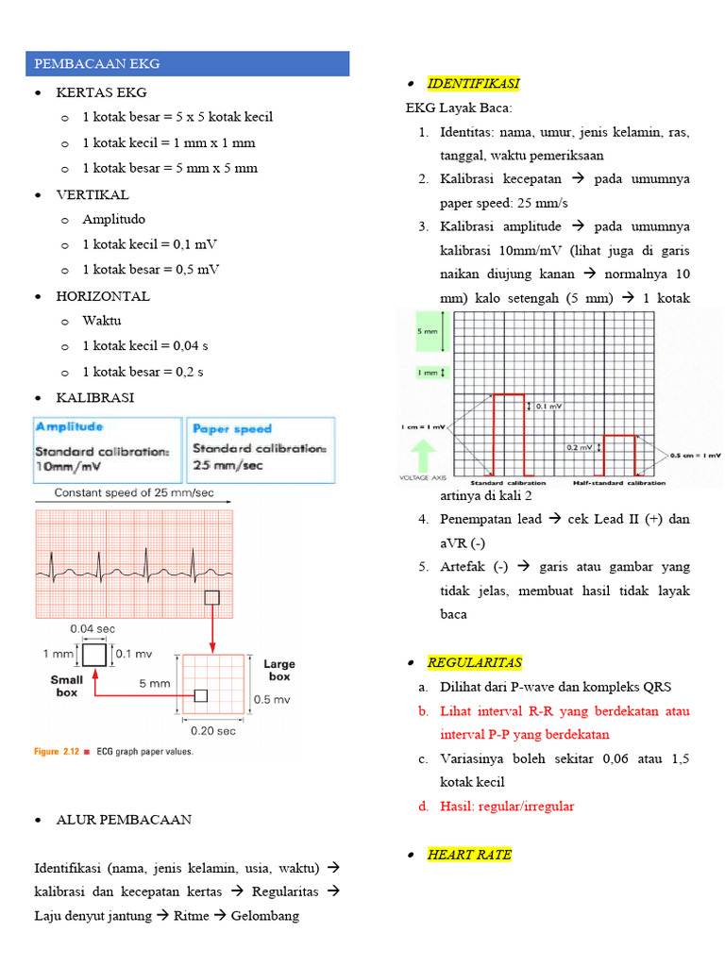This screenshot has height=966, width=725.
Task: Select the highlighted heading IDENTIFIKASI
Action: pyautogui.click(x=473, y=84)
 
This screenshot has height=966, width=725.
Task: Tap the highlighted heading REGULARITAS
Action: pyautogui.click(x=474, y=662)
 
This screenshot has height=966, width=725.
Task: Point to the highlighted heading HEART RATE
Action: pyautogui.click(x=469, y=855)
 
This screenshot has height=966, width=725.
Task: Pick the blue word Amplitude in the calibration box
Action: pyautogui.click(x=71, y=427)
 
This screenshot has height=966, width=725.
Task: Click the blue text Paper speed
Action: pyautogui.click(x=232, y=428)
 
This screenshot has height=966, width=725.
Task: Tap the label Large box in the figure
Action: pyautogui.click(x=279, y=670)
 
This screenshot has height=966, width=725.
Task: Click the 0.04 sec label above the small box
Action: pyautogui.click(x=92, y=627)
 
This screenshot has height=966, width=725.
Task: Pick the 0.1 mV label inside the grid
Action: pyautogui.click(x=548, y=407)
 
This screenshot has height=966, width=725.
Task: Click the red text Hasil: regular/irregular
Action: pyautogui.click(x=507, y=806)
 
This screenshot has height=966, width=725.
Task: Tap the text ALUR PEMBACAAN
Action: pyautogui.click(x=124, y=820)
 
